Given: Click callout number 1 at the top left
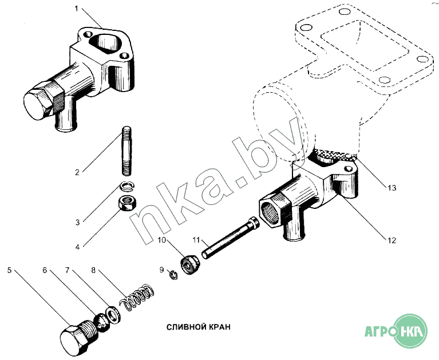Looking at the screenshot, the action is [77, 9].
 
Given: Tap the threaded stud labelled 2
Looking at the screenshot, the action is [126, 151].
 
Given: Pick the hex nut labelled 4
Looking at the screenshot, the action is [128, 203].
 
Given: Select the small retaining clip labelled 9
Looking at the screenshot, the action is [173, 275].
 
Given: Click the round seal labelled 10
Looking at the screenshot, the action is [190, 265].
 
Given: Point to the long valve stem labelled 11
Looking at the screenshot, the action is [230, 238].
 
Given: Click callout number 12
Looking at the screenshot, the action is [391, 240].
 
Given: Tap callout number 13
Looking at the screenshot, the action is [392, 188].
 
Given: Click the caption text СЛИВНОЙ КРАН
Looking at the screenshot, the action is [199, 327].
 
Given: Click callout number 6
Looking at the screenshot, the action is [45, 270].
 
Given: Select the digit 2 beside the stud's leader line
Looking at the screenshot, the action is [77, 172].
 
